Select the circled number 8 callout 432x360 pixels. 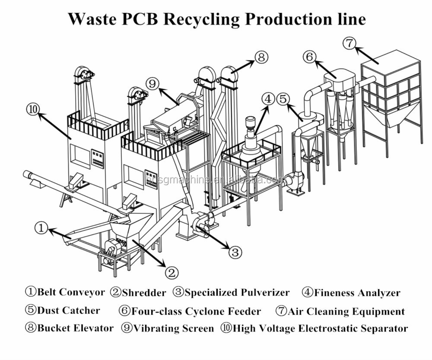261,57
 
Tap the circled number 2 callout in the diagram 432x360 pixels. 171,272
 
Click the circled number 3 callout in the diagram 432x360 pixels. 235,252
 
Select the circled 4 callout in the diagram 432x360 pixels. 268,99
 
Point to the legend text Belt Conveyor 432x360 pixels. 71,292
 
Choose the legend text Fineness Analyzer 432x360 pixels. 357,293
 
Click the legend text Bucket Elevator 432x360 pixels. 75,328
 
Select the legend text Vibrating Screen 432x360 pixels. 173,328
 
